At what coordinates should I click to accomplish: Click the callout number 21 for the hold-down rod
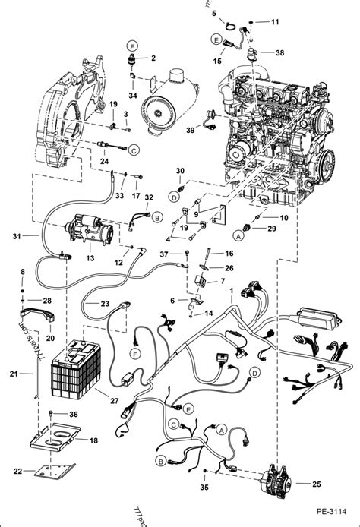pyautogui.click(x=13, y=374)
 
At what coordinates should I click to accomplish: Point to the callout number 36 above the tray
pyautogui.click(x=73, y=415)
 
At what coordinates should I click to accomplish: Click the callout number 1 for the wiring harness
pyautogui.click(x=233, y=303)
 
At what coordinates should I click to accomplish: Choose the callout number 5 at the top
pyautogui.click(x=214, y=13)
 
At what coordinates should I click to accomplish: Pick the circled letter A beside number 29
pyautogui.click(x=237, y=236)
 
